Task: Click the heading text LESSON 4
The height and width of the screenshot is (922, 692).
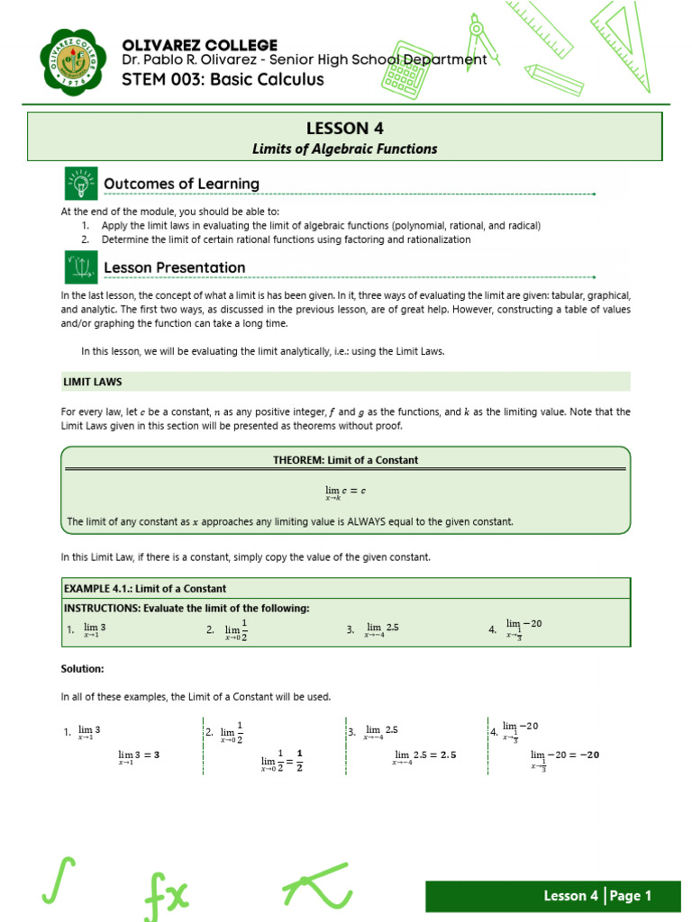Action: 345,128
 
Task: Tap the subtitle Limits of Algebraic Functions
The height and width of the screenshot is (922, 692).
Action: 345,149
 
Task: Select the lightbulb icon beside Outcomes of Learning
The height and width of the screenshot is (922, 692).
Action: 80,184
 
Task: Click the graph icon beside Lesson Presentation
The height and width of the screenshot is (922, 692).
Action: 80,267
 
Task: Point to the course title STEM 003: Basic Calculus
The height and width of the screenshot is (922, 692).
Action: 223,80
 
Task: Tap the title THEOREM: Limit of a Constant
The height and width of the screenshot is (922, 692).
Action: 345,460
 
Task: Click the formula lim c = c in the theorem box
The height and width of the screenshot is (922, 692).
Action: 345,492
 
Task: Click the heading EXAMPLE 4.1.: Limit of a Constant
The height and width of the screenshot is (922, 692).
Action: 143,589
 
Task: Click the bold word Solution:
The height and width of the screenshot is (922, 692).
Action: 82,669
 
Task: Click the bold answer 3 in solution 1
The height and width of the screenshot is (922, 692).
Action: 157,755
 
